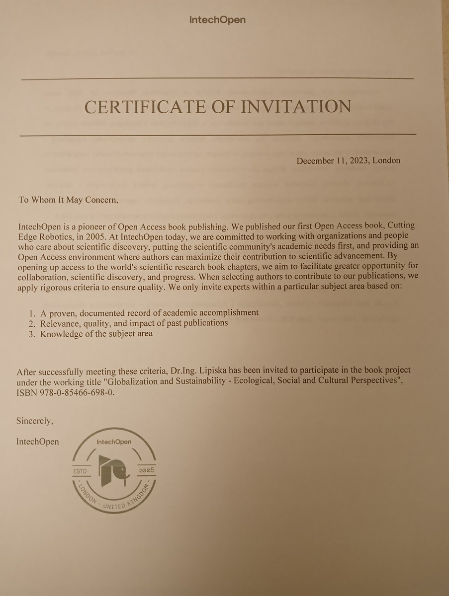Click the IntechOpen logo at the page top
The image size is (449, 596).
[217, 20]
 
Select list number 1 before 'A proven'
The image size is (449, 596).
[31, 312]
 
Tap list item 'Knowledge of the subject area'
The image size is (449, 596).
[96, 334]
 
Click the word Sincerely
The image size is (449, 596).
[35, 421]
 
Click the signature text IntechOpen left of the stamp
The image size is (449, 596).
[37, 442]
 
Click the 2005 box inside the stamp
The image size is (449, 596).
[147, 470]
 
